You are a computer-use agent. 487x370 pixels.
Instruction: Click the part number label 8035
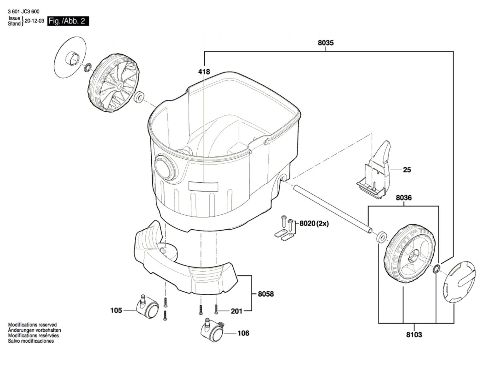[x=326, y=43]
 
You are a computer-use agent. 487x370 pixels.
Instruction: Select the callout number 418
[x=204, y=72]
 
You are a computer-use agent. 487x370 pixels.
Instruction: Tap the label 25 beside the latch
[x=407, y=170]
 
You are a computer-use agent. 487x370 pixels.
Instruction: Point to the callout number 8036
[x=404, y=198]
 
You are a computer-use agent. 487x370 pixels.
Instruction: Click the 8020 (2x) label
[x=314, y=224]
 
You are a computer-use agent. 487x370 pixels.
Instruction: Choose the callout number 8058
[x=266, y=294]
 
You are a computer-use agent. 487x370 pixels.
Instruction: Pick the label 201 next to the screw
[x=237, y=312]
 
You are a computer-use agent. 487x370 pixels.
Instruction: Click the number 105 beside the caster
[x=116, y=310]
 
